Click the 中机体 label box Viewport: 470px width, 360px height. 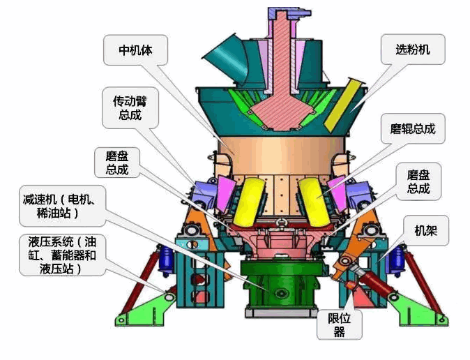[x=135, y=50]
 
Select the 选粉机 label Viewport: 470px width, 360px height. [x=413, y=50]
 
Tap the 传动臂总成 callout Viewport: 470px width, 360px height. [x=130, y=107]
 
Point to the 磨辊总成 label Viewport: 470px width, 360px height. [x=413, y=129]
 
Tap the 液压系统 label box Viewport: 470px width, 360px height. [x=62, y=255]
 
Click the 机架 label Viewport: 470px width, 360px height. [x=425, y=231]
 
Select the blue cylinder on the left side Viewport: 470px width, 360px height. [x=167, y=262]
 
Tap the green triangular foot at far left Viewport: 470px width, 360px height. [x=143, y=310]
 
